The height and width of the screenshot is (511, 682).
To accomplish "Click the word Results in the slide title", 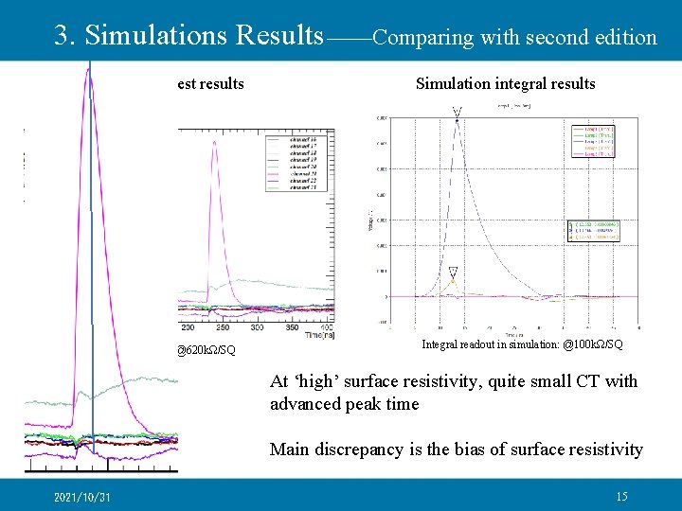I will click(x=278, y=36).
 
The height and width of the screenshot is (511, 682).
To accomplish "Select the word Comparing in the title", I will click(x=423, y=38).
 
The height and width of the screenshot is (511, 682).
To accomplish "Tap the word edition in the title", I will click(x=623, y=38).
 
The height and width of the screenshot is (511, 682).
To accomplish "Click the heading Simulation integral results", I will click(x=505, y=84).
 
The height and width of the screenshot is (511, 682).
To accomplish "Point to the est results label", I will click(x=210, y=84).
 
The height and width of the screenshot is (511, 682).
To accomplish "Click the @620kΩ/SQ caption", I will click(x=206, y=351).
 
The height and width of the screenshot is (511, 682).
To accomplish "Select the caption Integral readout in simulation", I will click(x=492, y=344).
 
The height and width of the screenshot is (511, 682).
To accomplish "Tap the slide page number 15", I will click(x=621, y=497).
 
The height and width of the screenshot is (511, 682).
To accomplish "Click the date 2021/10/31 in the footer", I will click(x=81, y=498).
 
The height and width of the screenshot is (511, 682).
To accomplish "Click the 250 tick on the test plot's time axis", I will click(x=223, y=326).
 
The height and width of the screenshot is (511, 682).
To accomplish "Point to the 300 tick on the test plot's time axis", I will click(x=257, y=326).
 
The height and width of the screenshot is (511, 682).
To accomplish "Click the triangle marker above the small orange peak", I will click(x=453, y=271).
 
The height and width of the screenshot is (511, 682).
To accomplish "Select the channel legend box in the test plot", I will click(x=297, y=162).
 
